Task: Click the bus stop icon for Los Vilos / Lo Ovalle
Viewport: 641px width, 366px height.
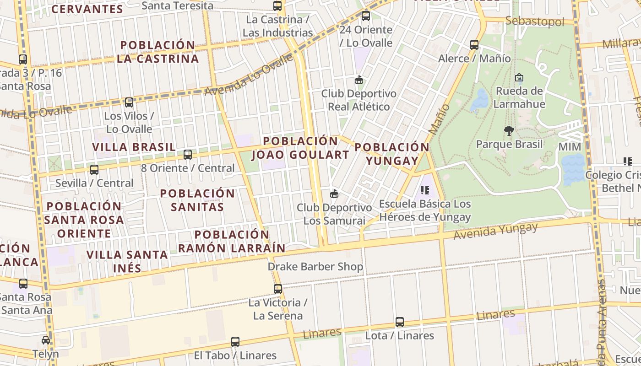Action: click(x=129, y=102)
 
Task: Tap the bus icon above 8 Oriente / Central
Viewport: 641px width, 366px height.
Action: click(x=188, y=155)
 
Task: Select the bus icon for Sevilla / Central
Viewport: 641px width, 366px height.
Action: click(x=94, y=170)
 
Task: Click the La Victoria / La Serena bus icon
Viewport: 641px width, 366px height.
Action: click(x=278, y=289)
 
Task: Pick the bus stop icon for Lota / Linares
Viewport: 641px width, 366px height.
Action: click(x=400, y=322)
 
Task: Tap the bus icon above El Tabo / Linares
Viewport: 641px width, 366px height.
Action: click(x=235, y=342)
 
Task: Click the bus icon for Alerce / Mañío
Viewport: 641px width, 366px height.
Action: click(x=474, y=45)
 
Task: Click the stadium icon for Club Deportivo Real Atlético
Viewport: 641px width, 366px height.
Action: click(x=359, y=80)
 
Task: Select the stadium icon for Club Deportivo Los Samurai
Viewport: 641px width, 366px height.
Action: click(x=334, y=194)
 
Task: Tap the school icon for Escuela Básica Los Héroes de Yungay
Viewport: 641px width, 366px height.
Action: click(x=424, y=190)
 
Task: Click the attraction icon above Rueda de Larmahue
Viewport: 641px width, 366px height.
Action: click(x=519, y=77)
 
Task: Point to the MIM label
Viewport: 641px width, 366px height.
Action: click(x=570, y=147)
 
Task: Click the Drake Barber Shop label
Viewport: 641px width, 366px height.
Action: click(x=315, y=266)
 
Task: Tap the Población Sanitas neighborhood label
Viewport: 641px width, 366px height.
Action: click(x=197, y=200)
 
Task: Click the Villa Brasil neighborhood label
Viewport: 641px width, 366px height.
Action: click(x=134, y=147)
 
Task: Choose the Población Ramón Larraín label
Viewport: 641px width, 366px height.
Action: click(x=232, y=241)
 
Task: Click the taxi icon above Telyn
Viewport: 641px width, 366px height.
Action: click(x=46, y=340)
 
